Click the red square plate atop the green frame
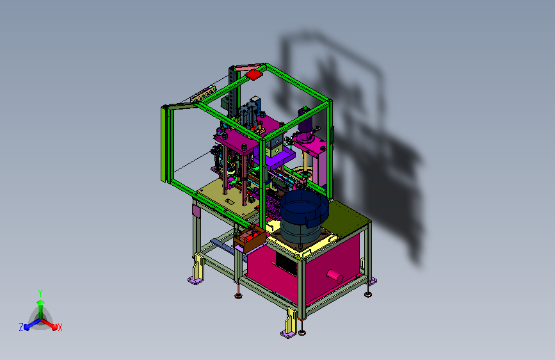(x=253, y=74)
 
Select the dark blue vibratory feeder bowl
(x=305, y=209)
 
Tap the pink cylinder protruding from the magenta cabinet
(x=335, y=275)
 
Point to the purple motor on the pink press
(x=305, y=120)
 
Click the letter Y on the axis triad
(x=40, y=293)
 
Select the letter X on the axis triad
(x=60, y=328)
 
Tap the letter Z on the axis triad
(x=21, y=327)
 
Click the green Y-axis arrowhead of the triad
(x=40, y=302)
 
